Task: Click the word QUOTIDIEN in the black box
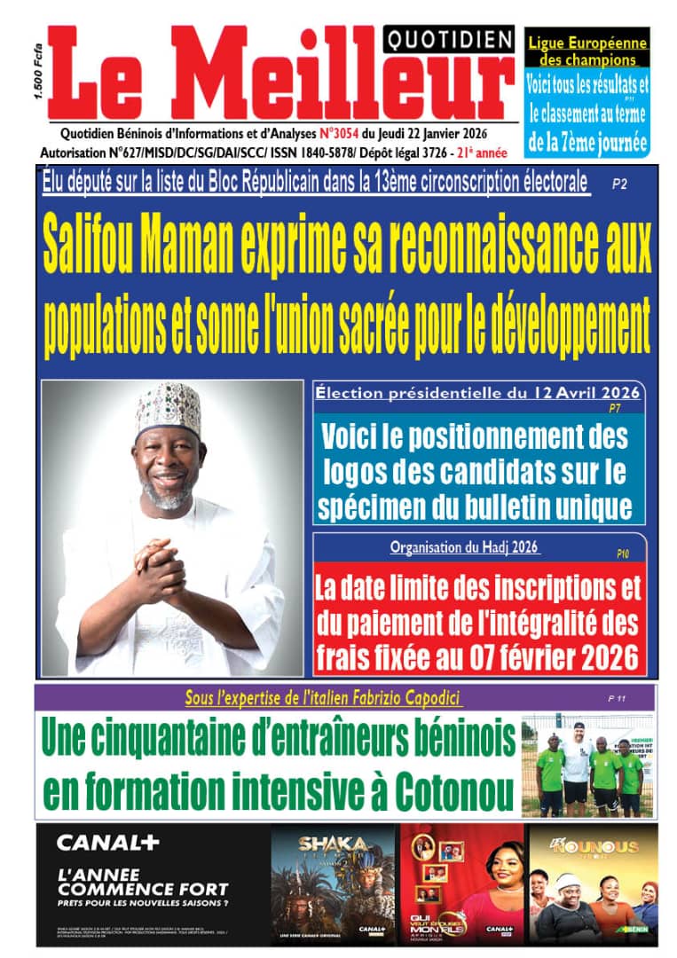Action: point(449,38)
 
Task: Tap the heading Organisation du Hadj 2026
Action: point(465,547)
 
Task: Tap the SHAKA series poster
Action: point(333,883)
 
